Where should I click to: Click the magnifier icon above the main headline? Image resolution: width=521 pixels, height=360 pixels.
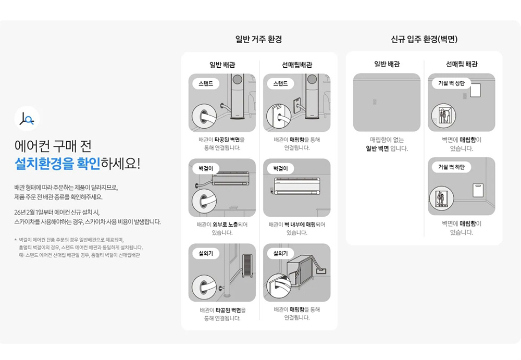point(27,119)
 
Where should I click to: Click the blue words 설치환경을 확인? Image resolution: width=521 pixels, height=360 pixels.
point(57,164)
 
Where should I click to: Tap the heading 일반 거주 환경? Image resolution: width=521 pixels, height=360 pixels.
point(258,39)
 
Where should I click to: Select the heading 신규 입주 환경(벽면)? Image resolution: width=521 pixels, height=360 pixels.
point(424,39)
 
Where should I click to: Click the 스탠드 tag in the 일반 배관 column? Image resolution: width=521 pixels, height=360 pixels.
point(206,83)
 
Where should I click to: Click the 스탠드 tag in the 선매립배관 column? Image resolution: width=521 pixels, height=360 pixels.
point(280,83)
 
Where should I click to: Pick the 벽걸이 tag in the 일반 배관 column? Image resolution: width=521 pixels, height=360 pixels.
point(206,168)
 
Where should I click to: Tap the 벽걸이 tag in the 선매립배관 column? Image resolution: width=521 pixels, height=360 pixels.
point(280,168)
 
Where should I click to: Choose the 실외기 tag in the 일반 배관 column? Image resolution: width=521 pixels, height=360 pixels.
point(206,253)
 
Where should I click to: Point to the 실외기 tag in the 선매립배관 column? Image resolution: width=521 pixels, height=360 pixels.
point(280,253)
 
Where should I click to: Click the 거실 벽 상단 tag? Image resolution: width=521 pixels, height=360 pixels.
point(451,83)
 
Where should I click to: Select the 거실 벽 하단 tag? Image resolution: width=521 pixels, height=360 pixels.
point(451,167)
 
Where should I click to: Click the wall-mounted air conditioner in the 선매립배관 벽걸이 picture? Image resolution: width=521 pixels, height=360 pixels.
point(297,186)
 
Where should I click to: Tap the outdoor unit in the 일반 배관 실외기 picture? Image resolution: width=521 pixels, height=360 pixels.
point(247,265)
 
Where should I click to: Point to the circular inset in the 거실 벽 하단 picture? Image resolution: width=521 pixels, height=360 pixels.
point(442,199)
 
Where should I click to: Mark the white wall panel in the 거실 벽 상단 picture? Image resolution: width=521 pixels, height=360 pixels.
point(476,90)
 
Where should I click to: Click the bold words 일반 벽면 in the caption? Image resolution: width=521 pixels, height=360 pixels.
point(377,148)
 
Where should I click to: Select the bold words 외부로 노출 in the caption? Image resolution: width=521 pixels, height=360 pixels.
point(225,225)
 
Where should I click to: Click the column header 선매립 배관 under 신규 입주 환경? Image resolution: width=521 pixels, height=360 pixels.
point(462,64)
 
